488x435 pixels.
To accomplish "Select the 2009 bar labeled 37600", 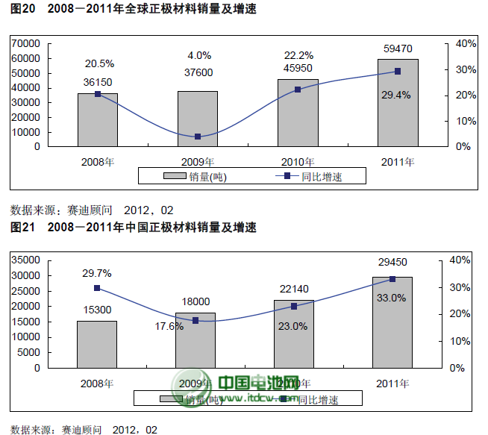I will pyautogui.click(x=198, y=119).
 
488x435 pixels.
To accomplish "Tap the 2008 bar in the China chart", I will pyautogui.click(x=97, y=344).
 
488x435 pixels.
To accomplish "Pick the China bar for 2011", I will pyautogui.click(x=392, y=322).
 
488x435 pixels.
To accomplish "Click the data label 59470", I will pyautogui.click(x=397, y=48).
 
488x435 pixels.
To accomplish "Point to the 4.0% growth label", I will pyautogui.click(x=199, y=55).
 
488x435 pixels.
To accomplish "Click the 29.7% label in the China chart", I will pyautogui.click(x=97, y=274).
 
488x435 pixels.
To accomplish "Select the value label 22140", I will pyautogui.click(x=293, y=289).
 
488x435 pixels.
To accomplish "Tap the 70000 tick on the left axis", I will pyautogui.click(x=26, y=44).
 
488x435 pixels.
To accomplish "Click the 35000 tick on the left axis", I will pyautogui.click(x=26, y=260).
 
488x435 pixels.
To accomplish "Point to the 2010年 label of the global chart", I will pyautogui.click(x=298, y=161).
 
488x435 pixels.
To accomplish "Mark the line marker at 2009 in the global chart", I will pyautogui.click(x=198, y=137).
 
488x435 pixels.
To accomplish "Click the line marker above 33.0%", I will pyautogui.click(x=392, y=279).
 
